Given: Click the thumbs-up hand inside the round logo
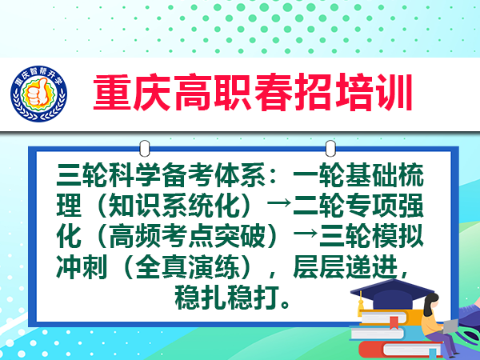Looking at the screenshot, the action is [38, 92].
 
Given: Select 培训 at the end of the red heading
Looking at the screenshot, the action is [374, 92].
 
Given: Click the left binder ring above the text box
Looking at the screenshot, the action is [145, 149].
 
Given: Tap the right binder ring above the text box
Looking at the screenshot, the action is [330, 149].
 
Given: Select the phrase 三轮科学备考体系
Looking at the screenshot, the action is [161, 175].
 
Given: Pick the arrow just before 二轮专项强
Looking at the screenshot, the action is [279, 202].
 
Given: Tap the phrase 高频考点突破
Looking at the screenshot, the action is [187, 236].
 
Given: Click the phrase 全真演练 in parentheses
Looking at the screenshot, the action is [187, 266].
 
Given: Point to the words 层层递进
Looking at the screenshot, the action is [346, 266].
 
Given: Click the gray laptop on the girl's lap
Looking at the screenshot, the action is [450, 326].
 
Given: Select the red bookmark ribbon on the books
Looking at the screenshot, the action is [394, 323].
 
